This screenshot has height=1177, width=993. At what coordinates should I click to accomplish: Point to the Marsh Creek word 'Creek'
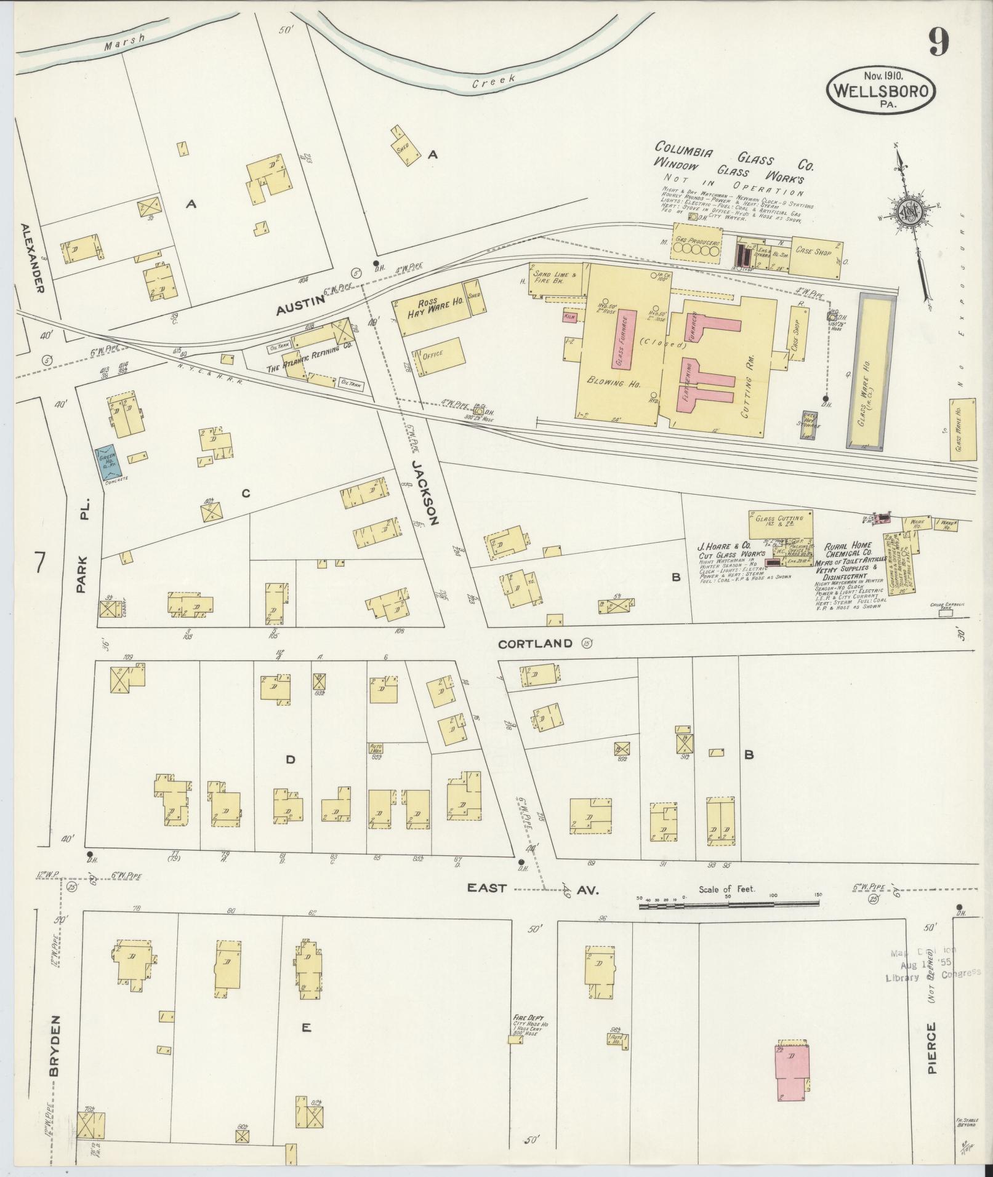[493, 82]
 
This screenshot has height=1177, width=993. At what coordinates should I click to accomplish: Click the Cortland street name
[535, 644]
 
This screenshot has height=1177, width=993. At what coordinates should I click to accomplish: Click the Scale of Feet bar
[728, 903]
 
